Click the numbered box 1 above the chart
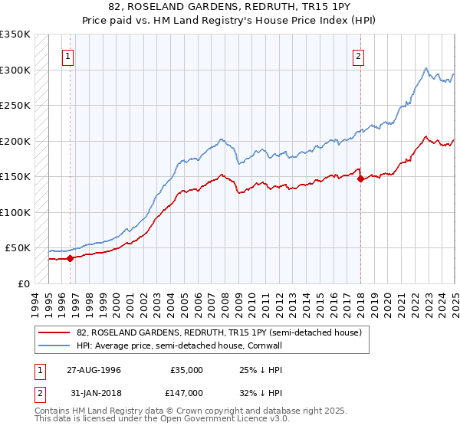tap(68, 55)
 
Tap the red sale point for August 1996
tap(70, 258)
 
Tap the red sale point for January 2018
tap(360, 178)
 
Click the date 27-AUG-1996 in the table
tap(94, 370)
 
